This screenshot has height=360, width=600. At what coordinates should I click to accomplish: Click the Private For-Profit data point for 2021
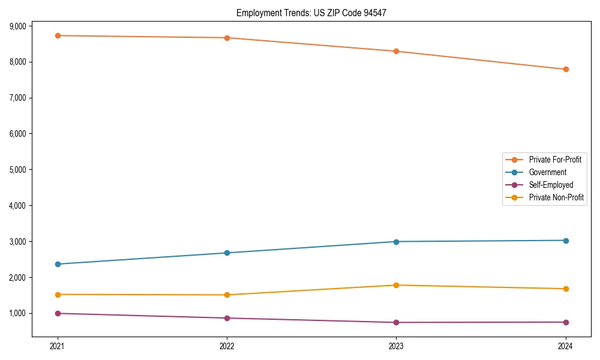pyautogui.click(x=58, y=35)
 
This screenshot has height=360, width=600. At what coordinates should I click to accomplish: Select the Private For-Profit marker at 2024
pyautogui.click(x=566, y=69)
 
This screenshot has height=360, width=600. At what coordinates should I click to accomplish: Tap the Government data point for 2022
pyautogui.click(x=227, y=253)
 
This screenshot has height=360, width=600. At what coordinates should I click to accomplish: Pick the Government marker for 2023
pyautogui.click(x=396, y=242)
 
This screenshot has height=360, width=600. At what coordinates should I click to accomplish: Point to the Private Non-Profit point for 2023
pyautogui.click(x=396, y=285)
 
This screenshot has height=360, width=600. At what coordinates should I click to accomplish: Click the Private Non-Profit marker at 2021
pyautogui.click(x=58, y=295)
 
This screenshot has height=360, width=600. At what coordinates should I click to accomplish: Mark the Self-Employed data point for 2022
pyautogui.click(x=227, y=318)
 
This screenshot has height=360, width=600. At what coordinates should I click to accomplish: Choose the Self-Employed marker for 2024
pyautogui.click(x=566, y=322)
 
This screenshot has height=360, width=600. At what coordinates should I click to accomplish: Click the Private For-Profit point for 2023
pyautogui.click(x=396, y=51)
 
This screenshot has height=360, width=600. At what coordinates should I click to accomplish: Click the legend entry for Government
pyautogui.click(x=547, y=172)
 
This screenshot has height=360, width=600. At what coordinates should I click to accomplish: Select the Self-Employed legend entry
pyautogui.click(x=551, y=185)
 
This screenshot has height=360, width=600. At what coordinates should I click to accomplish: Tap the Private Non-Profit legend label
pyautogui.click(x=556, y=197)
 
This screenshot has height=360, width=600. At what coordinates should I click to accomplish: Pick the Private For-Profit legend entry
pyautogui.click(x=555, y=160)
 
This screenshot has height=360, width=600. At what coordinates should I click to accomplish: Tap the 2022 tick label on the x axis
pyautogui.click(x=227, y=346)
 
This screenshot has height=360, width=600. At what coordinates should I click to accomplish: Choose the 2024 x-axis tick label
pyautogui.click(x=566, y=346)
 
